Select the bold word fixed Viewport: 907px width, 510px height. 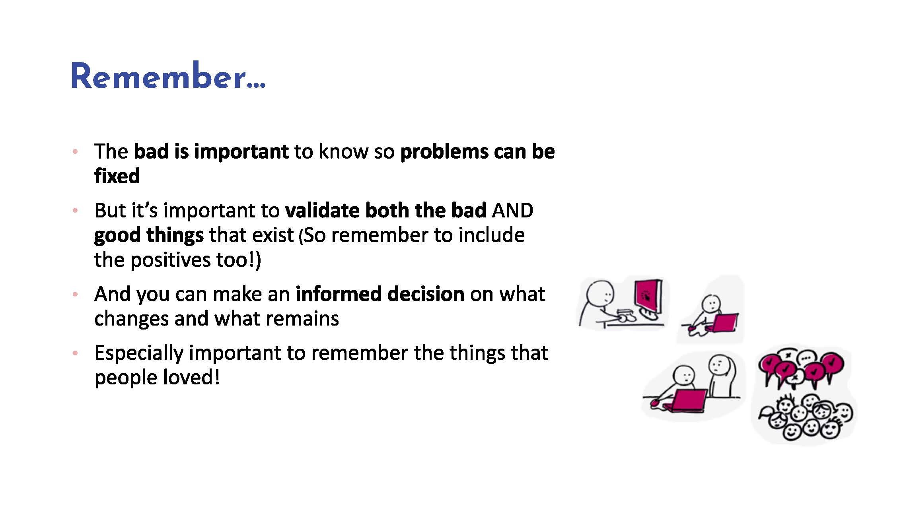[117, 176]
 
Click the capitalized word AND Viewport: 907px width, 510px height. [512, 210]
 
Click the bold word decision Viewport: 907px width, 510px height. [426, 294]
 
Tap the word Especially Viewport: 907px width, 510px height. [138, 353]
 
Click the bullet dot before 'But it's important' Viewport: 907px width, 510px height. [75, 211]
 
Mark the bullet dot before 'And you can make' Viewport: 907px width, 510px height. [75, 295]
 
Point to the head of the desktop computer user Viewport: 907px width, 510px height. [600, 294]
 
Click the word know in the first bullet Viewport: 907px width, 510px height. [343, 151]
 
